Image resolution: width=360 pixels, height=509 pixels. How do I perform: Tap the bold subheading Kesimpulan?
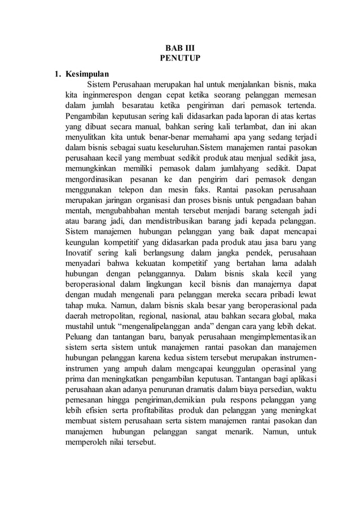pos(87,74)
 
